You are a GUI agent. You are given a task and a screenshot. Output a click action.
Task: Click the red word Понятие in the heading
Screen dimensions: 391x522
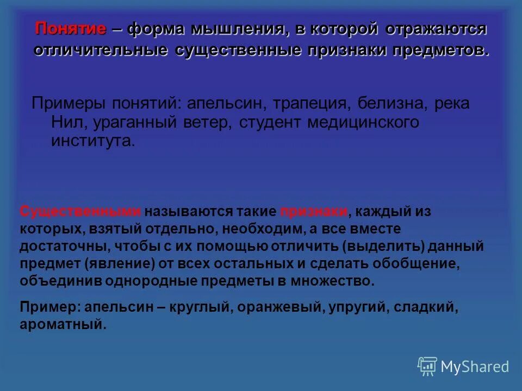70,29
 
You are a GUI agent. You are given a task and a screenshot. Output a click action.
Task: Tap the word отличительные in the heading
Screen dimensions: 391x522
101,50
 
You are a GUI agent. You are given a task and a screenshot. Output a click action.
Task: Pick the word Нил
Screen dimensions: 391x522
65,122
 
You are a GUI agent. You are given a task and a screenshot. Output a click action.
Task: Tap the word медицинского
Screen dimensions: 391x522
363,122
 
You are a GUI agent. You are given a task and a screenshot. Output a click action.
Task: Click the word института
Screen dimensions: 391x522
92,141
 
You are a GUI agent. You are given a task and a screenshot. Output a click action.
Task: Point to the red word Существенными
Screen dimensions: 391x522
80,212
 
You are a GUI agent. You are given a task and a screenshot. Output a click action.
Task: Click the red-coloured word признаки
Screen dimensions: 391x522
314,212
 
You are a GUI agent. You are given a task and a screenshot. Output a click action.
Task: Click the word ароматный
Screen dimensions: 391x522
63,325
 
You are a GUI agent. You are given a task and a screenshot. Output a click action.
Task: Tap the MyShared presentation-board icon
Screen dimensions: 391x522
427,367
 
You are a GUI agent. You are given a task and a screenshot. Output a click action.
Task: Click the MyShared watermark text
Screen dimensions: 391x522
475,367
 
